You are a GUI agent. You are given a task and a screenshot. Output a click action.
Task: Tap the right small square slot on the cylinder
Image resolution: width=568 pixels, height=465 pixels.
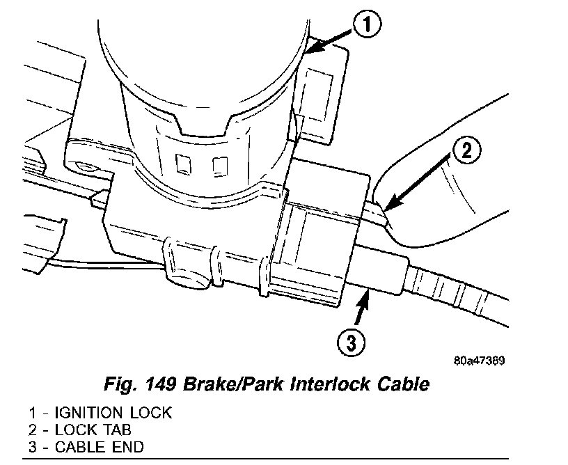coord(220,166)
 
